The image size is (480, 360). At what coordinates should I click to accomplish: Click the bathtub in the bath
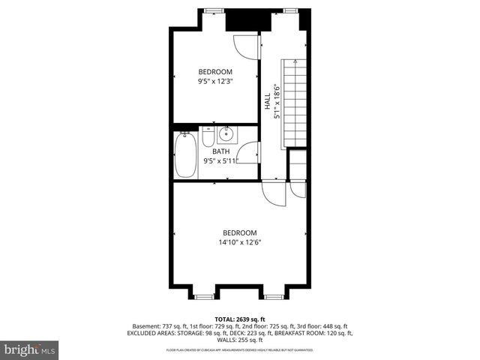click(x=186, y=154)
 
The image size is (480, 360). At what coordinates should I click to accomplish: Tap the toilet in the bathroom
click(x=208, y=137)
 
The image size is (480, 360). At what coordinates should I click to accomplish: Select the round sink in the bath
click(x=227, y=135)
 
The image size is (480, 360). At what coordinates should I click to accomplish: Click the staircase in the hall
click(x=294, y=103)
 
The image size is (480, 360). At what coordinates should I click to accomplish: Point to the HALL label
click(x=267, y=102)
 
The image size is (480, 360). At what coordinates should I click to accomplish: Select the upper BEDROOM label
click(x=214, y=72)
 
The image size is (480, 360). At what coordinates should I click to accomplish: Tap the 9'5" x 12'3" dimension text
click(x=214, y=82)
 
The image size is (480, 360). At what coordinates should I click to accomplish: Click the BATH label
click(x=220, y=151)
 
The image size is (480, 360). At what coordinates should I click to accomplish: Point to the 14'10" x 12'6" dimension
click(x=239, y=242)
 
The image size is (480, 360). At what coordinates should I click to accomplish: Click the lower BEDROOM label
click(x=239, y=232)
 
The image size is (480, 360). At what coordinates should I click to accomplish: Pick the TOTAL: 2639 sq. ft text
click(x=241, y=319)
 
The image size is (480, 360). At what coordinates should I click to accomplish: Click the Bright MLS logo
click(x=30, y=349)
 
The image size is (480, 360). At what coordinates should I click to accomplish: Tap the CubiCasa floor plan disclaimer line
click(x=241, y=350)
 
